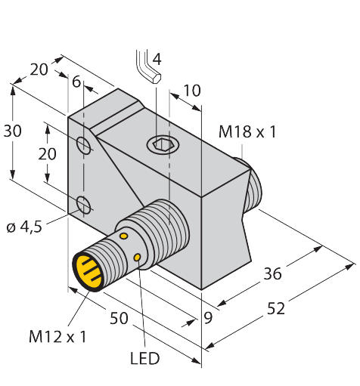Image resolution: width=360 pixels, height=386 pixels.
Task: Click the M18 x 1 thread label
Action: tap(247, 132)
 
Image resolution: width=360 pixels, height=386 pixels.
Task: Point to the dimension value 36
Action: tap(272, 273)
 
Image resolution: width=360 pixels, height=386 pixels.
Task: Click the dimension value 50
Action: tap(118, 318)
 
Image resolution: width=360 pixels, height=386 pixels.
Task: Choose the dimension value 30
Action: tap(13, 131)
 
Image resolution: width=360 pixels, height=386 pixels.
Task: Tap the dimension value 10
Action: tap(192, 91)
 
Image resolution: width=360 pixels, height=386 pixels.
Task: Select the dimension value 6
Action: tap(76, 82)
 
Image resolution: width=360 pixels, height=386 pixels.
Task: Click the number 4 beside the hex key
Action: tap(157, 59)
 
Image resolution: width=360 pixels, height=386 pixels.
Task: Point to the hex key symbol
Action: tap(145, 66)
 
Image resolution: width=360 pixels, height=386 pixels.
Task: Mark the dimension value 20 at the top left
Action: tap(39, 69)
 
